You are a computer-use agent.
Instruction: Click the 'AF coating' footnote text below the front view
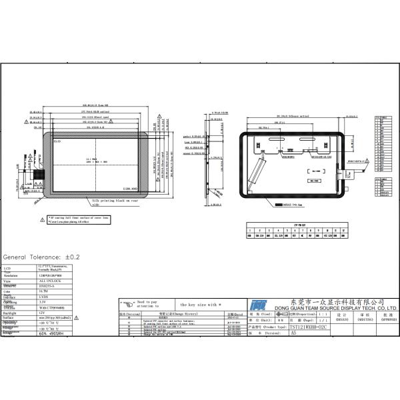[x=77, y=217]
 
